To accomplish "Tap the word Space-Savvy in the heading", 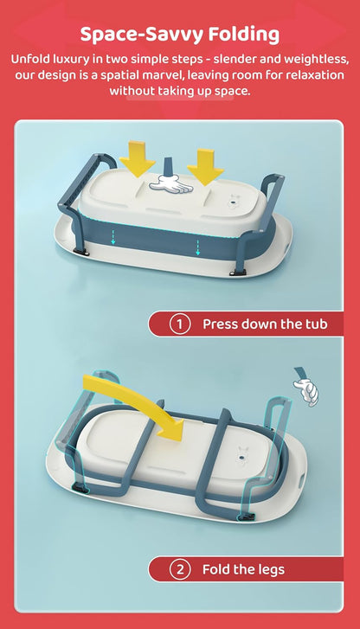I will pyautogui.click(x=138, y=35).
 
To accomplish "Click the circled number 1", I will pyautogui.click(x=179, y=324).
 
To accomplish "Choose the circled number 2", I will pyautogui.click(x=179, y=569).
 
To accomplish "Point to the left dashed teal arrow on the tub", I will pyautogui.click(x=112, y=234).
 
